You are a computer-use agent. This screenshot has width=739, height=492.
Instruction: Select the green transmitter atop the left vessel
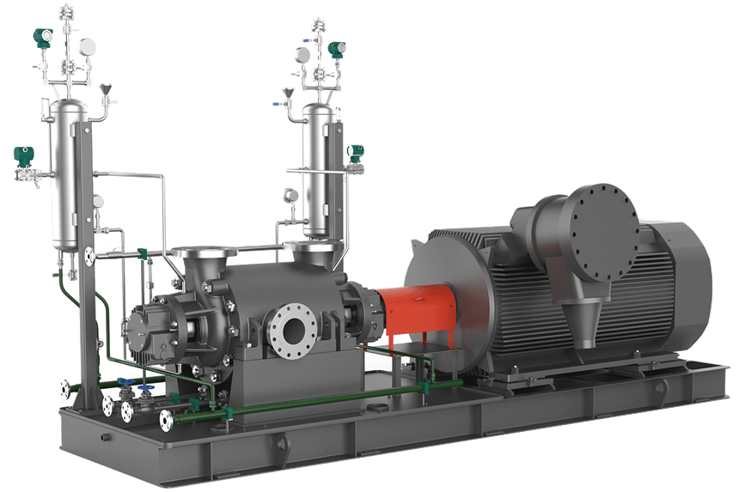(x=40, y=36)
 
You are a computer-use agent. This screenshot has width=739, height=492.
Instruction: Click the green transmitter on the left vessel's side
(x=21, y=157)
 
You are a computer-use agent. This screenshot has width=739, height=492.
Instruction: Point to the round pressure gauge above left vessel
(x=87, y=45)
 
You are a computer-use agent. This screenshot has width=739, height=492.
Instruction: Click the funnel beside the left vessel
(x=106, y=89)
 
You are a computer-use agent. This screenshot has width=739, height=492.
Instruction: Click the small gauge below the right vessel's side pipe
(x=290, y=196)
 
